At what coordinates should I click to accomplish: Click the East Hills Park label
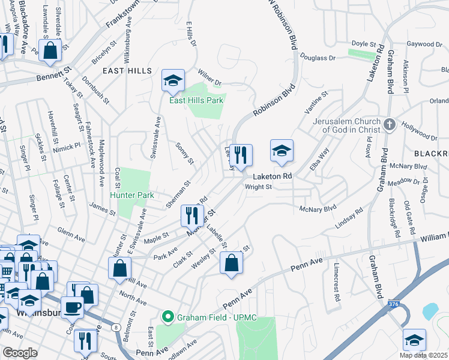coord(196,100)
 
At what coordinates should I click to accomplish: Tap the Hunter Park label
coord(132,195)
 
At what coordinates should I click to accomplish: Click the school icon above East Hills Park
coord(172,81)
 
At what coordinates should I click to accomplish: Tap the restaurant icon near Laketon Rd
coord(241,155)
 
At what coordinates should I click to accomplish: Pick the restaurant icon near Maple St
coord(191,214)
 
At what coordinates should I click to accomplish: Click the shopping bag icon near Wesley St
coord(231,262)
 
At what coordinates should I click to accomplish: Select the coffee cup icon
coord(72,307)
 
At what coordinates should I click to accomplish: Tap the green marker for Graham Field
coord(169,316)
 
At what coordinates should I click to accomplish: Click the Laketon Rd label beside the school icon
coord(272,176)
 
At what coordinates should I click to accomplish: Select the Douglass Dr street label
coord(319,58)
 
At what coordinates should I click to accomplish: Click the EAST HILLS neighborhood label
coord(127,71)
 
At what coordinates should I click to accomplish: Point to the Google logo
coord(20,353)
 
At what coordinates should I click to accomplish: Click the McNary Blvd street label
coord(318,209)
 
